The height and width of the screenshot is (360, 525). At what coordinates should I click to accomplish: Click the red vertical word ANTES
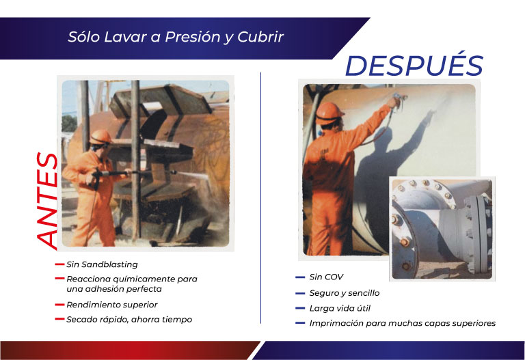(47, 199)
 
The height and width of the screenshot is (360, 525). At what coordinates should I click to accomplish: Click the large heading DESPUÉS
(414, 65)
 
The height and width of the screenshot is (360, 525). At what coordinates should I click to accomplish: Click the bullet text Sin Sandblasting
(102, 264)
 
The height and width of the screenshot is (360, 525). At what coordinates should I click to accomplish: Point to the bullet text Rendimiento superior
(111, 304)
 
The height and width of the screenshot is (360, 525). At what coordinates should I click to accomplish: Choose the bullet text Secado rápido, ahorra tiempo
(129, 319)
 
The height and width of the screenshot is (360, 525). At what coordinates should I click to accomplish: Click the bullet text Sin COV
(326, 277)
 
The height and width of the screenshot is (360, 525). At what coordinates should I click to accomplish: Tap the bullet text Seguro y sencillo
(344, 292)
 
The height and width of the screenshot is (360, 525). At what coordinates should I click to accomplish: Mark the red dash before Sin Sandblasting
(59, 264)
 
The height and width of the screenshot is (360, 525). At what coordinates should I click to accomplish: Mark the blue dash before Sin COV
(300, 277)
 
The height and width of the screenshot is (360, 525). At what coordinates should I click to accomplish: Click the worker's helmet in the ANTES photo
(100, 136)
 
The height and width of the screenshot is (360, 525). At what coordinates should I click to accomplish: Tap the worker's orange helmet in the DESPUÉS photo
(330, 110)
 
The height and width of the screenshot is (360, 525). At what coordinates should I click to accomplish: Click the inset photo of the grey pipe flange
(441, 228)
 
